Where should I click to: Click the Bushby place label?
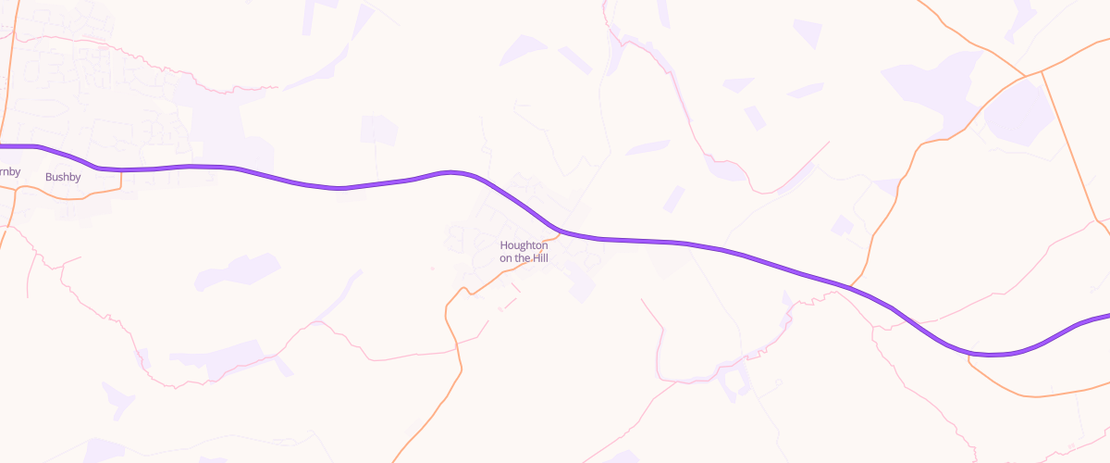pyautogui.click(x=63, y=176)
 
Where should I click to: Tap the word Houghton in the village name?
pyautogui.click(x=524, y=245)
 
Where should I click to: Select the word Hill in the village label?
pyautogui.click(x=538, y=258)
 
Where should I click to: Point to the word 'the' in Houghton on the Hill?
pyautogui.click(x=521, y=258)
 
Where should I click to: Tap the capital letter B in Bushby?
pyautogui.click(x=48, y=176)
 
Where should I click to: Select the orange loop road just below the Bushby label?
pyautogui.click(x=65, y=194)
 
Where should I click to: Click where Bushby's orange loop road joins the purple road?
pyautogui.click(x=121, y=170)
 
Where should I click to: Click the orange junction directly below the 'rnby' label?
pyautogui.click(x=14, y=188)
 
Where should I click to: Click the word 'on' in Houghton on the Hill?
pyautogui.click(x=506, y=258)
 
